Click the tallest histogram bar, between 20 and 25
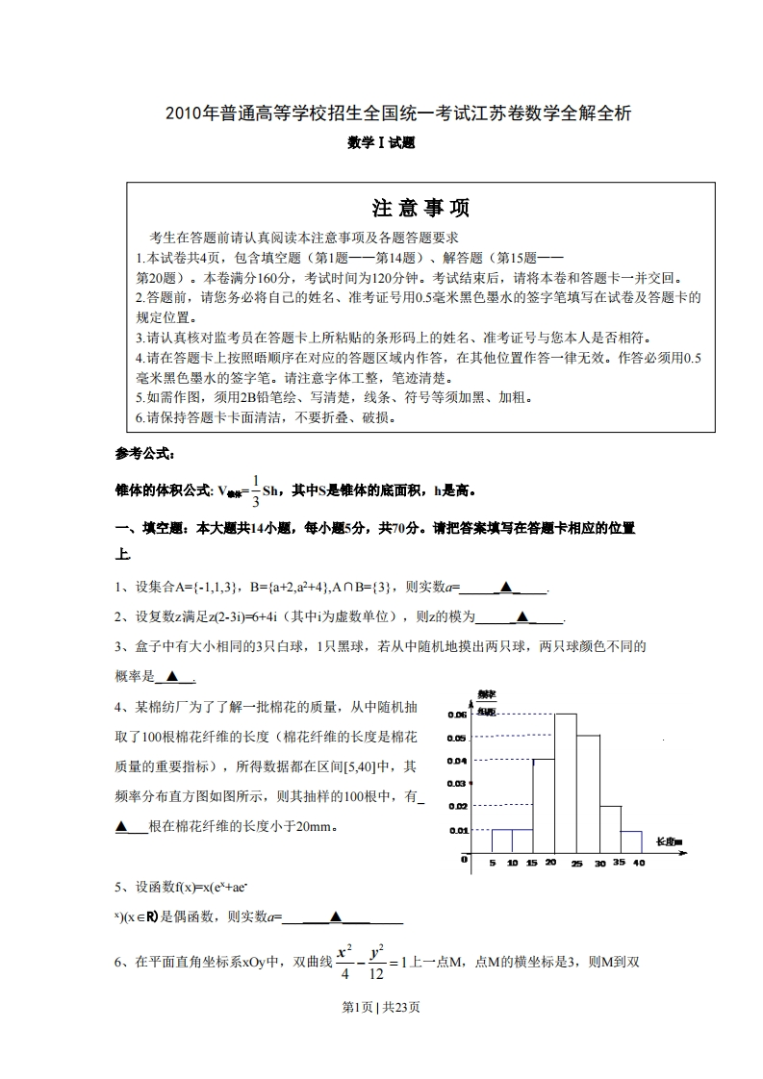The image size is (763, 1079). pos(565,784)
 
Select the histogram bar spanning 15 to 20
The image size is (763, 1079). pos(544,806)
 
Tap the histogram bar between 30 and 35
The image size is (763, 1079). pos(610,829)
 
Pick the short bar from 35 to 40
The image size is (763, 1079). pos(630,841)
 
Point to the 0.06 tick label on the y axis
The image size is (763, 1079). pos(456,715)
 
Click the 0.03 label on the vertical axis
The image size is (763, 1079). pos(456,784)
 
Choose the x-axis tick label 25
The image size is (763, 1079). pos(576,865)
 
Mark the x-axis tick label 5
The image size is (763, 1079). pos(492,864)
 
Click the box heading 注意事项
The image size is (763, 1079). pos(420,208)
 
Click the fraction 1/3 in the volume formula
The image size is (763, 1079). pos(254,489)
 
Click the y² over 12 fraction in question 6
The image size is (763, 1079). pos(376,962)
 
